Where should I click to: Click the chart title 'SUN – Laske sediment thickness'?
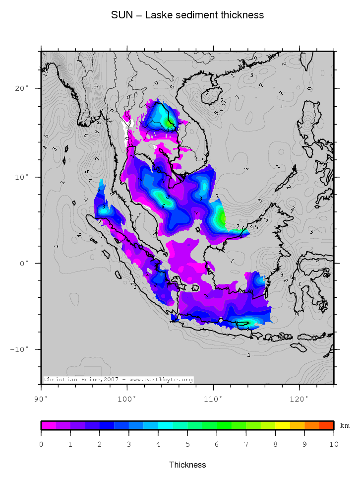click(x=187, y=15)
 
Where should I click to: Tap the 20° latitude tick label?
click(x=22, y=88)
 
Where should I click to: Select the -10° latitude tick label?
click(x=19, y=349)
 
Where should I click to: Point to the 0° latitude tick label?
click(x=24, y=263)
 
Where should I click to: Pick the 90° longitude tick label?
click(x=41, y=399)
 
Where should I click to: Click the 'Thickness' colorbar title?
click(x=187, y=465)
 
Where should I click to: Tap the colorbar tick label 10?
click(x=333, y=444)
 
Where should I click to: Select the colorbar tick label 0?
click(x=41, y=444)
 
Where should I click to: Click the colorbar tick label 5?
click(x=187, y=444)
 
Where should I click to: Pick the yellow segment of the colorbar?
click(x=282, y=425)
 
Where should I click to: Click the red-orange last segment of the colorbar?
click(x=326, y=425)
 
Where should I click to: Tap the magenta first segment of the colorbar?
click(x=49, y=425)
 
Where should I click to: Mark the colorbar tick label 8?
click(x=275, y=444)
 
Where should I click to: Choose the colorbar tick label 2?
click(x=100, y=444)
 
